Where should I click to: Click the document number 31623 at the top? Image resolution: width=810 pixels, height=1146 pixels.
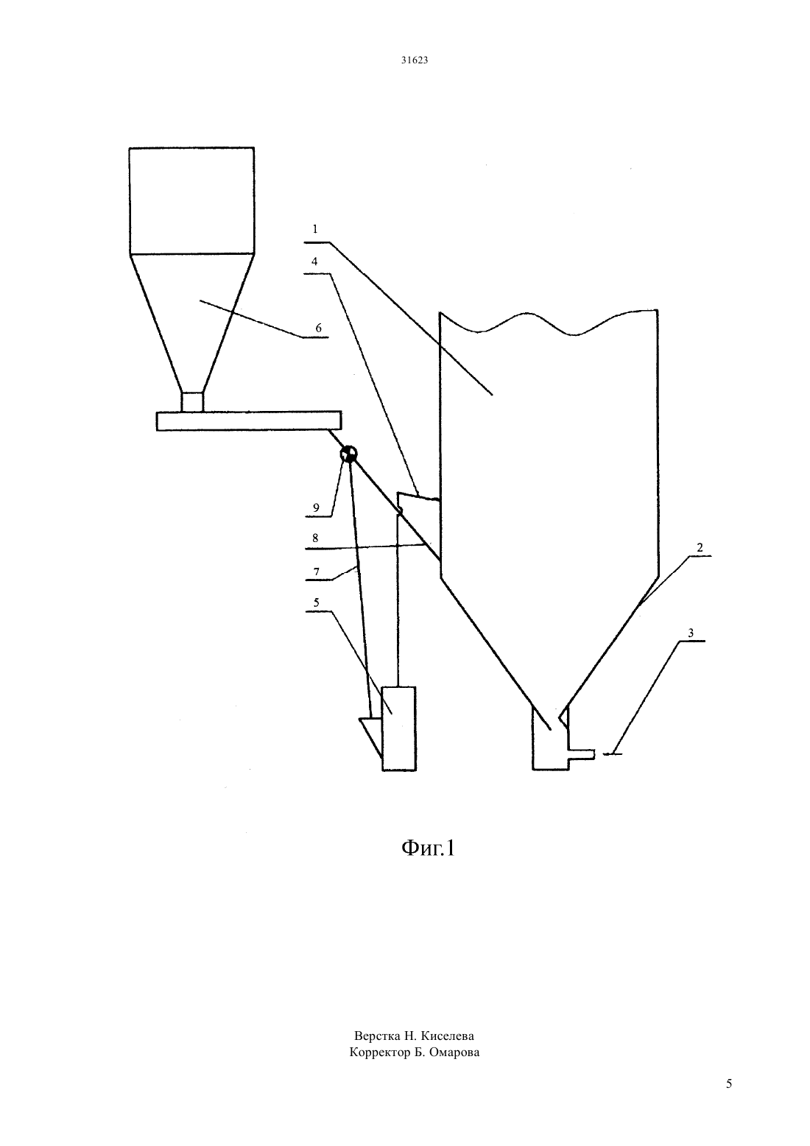pyautogui.click(x=414, y=60)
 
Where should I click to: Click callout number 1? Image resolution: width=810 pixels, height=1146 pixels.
pyautogui.click(x=315, y=229)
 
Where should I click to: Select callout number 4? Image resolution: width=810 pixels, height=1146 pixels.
pyautogui.click(x=314, y=261)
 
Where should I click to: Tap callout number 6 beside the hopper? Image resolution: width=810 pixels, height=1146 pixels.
pyautogui.click(x=319, y=328)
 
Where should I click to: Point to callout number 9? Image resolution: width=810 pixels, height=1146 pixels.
pyautogui.click(x=316, y=507)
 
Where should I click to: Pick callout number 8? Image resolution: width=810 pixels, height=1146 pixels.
pyautogui.click(x=315, y=538)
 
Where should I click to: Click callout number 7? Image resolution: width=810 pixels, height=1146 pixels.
pyautogui.click(x=317, y=572)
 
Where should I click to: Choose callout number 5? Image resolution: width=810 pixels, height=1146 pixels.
pyautogui.click(x=317, y=602)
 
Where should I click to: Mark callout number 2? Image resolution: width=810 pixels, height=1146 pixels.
pyautogui.click(x=700, y=548)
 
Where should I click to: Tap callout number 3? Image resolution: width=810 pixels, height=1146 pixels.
pyautogui.click(x=691, y=633)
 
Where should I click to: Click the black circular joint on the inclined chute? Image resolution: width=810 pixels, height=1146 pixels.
pyautogui.click(x=349, y=453)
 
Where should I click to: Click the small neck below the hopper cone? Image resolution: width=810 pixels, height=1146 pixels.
pyautogui.click(x=192, y=401)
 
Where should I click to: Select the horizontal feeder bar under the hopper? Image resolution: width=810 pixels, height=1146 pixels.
pyautogui.click(x=249, y=421)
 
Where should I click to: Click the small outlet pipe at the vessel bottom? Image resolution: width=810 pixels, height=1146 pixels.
pyautogui.click(x=582, y=754)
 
